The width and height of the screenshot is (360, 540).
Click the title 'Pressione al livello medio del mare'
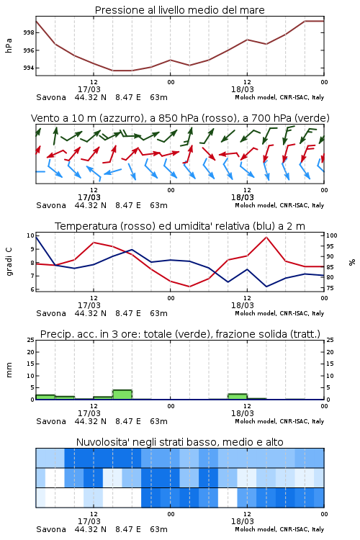179,10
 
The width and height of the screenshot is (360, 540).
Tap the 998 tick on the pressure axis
29,32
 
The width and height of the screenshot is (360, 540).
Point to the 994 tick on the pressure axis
29,68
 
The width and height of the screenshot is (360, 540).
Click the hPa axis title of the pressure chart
9,45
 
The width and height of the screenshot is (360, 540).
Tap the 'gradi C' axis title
9,262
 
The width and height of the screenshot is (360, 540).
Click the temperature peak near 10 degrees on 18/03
266,237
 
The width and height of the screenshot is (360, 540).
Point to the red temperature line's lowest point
189,287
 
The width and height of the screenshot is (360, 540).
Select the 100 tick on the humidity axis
332,235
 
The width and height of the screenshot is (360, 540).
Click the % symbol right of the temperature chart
352,262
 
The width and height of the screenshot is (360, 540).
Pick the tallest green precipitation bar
122,395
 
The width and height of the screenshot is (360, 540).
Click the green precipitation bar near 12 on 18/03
238,397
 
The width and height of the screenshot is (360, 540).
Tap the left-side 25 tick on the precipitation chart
31,340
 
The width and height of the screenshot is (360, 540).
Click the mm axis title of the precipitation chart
9,370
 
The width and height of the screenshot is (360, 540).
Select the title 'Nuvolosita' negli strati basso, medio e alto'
179,442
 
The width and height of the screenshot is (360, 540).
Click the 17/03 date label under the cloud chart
89,521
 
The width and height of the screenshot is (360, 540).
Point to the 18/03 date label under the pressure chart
243,89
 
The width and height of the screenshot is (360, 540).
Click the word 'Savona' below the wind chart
51,205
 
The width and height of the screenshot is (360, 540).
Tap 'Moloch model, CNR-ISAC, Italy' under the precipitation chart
279,421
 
